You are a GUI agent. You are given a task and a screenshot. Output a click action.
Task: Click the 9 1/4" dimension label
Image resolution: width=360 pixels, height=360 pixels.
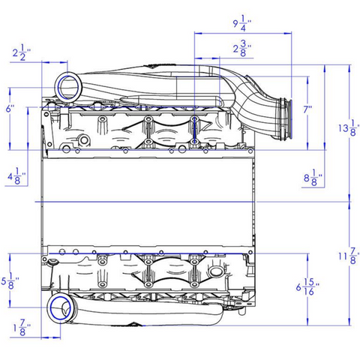[x=242, y=23]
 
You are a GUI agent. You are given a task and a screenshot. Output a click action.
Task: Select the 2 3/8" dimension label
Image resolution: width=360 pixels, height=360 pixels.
[x=242, y=49]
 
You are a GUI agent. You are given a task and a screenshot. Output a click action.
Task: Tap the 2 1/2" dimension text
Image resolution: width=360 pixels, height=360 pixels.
[x=22, y=52]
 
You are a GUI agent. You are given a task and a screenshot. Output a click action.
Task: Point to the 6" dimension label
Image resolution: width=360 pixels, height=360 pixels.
[x=10, y=109]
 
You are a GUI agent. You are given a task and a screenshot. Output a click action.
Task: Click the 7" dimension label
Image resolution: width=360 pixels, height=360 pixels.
[x=308, y=109]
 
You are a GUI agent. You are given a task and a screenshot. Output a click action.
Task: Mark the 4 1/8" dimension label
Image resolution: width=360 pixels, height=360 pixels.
[x=16, y=176]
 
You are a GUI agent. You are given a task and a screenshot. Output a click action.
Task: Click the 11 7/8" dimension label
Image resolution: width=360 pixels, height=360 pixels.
[x=347, y=256]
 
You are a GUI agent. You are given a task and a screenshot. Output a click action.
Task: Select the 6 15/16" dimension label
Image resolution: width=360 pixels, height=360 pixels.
[x=308, y=287]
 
